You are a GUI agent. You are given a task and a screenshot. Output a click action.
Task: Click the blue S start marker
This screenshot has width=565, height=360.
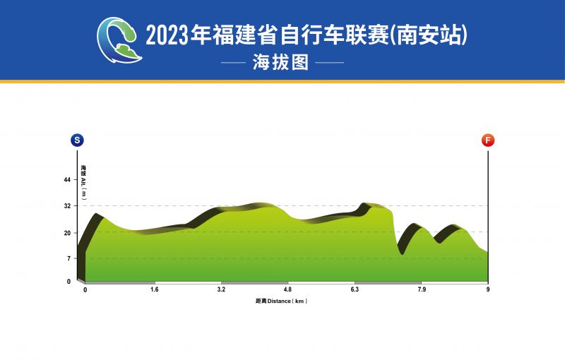tap(77, 140)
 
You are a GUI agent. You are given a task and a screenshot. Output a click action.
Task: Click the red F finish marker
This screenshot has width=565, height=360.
tap(488, 140)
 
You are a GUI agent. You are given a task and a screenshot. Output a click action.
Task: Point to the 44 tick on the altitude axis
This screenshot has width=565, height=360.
tap(67, 179)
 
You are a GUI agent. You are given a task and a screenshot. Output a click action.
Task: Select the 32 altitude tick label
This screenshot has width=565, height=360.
tap(67, 206)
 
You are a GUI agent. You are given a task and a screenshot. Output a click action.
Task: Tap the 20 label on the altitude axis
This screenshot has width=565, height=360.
tap(67, 233)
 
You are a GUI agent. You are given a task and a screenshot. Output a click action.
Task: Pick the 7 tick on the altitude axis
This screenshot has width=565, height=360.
tap(69, 258)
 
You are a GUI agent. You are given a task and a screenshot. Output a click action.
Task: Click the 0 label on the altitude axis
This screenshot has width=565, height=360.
tap(69, 282)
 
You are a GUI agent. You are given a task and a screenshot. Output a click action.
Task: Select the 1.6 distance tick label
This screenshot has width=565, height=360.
tap(155, 289)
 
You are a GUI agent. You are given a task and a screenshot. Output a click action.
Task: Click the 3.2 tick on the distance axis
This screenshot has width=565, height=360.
tap(221, 289)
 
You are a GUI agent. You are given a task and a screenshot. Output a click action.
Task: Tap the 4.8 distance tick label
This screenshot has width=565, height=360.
tap(287, 289)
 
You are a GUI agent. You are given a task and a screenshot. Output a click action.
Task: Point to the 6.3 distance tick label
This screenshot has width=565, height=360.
tap(355, 289)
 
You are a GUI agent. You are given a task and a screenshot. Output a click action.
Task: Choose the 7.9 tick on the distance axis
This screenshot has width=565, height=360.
tap(422, 289)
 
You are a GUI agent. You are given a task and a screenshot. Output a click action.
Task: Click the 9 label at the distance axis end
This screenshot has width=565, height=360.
tap(488, 289)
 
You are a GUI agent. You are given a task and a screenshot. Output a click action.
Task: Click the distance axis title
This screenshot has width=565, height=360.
tap(281, 301)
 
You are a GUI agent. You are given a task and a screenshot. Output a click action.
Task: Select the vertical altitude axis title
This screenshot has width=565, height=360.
tap(83, 182)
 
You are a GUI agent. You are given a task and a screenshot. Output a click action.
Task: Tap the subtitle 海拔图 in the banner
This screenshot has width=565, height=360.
tap(280, 62)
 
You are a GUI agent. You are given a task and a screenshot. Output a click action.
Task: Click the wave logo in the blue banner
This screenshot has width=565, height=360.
tap(119, 40)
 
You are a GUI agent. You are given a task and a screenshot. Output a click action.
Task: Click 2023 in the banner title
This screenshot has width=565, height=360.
tap(167, 35)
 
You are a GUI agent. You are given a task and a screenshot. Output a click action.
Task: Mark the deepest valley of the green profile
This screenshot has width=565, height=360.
tap(402, 254)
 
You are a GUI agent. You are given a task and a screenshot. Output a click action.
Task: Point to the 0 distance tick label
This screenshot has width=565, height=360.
tap(85, 290)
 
